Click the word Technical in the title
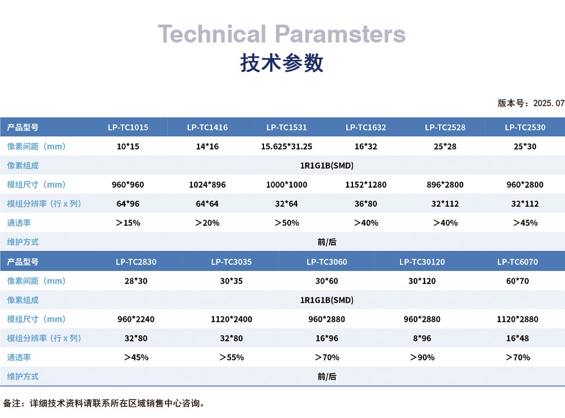coord(212,34)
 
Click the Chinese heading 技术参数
coord(282,63)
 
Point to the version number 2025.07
coord(549,103)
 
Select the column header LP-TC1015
coord(128,127)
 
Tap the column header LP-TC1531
coord(286,127)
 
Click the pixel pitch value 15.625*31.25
coord(286,146)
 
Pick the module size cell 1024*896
coord(207,185)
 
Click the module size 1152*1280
coord(366,185)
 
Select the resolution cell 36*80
coord(366,204)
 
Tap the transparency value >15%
coord(128,223)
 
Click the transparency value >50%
coord(287,223)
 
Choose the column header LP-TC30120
coord(422,262)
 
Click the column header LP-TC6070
coord(517,262)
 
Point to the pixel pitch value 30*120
coord(422,281)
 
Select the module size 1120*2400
coord(232,319)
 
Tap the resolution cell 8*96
coord(422,338)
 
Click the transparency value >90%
coord(422,358)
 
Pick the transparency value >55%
coord(232,358)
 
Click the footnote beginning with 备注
coord(104,403)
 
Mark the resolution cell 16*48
coord(517,338)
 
